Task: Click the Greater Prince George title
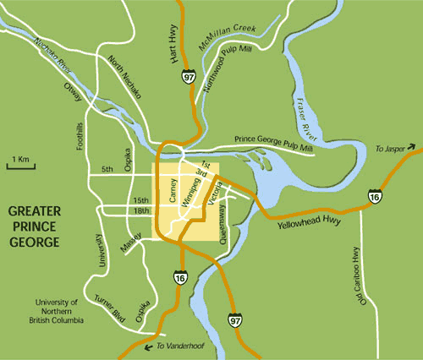pos(34,226)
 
